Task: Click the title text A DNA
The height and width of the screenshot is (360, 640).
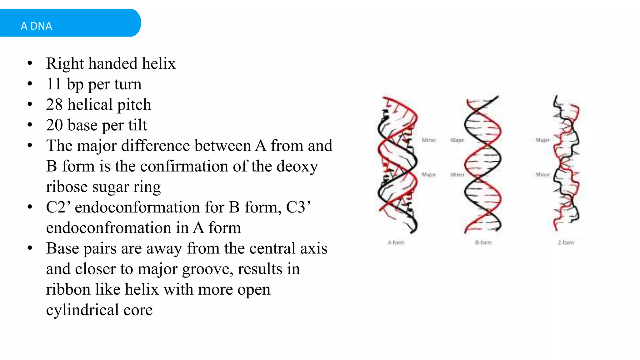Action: coord(36,26)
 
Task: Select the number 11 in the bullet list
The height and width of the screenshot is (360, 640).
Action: coord(53,84)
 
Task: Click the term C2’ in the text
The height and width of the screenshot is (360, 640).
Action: coord(58,207)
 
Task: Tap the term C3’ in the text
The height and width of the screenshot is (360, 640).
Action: coord(298,207)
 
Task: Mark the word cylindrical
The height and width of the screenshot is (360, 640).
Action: coord(82,310)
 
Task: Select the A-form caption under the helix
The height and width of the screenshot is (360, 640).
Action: coord(396,242)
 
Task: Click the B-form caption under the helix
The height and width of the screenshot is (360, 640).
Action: coord(483,242)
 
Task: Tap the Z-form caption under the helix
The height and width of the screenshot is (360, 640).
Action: coord(566,242)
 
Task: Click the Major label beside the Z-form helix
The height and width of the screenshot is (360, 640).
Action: coord(542,140)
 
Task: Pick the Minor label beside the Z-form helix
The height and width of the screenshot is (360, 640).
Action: coord(542,175)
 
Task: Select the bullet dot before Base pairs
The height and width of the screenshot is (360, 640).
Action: coord(30,248)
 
